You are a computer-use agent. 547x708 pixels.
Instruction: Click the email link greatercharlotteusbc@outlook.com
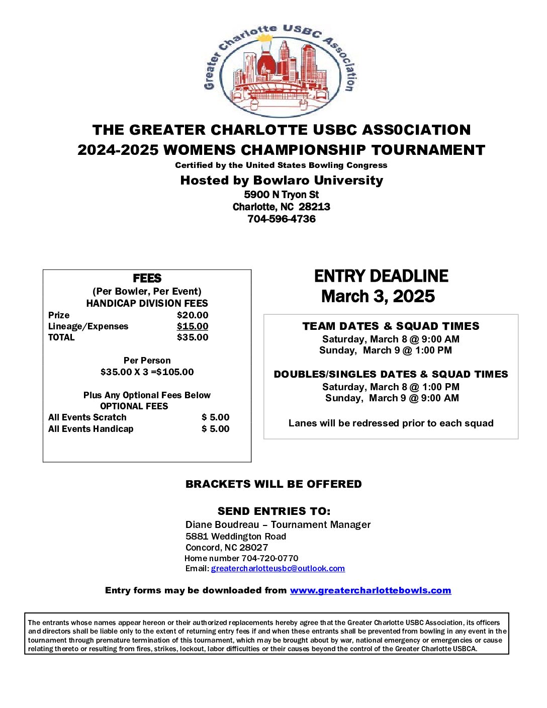tap(278, 569)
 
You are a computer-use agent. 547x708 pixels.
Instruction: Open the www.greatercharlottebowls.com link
tap(370, 590)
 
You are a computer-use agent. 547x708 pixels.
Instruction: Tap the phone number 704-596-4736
tap(282, 219)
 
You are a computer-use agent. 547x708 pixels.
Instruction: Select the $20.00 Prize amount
tap(193, 315)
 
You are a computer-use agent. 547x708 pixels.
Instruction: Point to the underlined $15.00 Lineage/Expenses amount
tap(193, 326)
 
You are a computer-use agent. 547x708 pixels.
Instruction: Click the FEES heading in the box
tap(147, 279)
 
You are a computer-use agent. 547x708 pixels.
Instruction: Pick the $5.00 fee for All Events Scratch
tap(215, 417)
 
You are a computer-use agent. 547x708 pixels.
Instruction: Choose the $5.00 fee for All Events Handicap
tap(215, 429)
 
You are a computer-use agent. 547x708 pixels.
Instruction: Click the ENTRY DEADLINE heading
tap(381, 276)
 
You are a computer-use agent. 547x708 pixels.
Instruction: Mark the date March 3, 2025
tap(378, 297)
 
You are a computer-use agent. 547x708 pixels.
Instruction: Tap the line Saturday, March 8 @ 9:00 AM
tap(391, 339)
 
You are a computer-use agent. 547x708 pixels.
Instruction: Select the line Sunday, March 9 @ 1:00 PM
tap(386, 350)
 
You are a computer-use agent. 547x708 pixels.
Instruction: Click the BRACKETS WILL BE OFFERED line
tap(273, 484)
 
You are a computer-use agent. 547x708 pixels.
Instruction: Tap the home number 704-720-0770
tap(269, 559)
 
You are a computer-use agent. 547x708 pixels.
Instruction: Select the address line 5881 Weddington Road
tap(236, 537)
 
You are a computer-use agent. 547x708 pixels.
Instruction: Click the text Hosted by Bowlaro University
tap(282, 181)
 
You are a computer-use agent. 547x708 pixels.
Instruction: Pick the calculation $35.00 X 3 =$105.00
tap(147, 372)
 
